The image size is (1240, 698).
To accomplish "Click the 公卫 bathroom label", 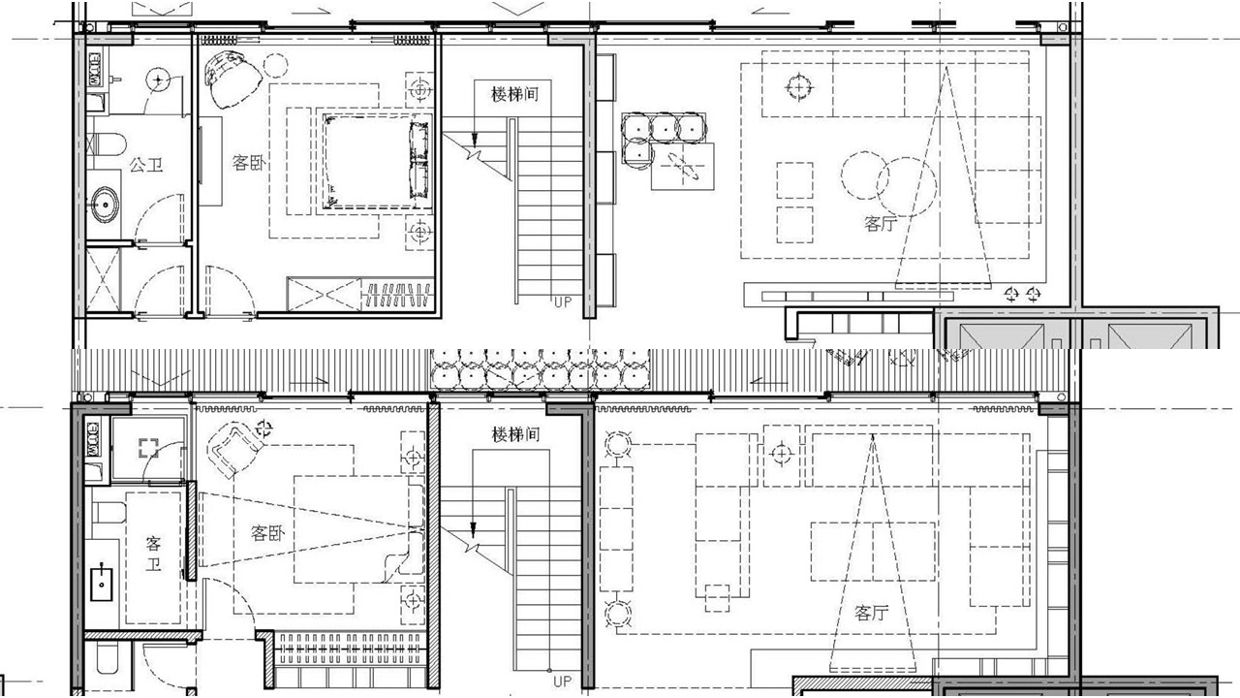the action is (146, 165).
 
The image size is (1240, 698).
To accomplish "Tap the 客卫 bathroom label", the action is (153, 554).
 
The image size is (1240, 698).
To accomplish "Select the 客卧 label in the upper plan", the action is (249, 163).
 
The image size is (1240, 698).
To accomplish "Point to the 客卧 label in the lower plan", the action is (268, 533).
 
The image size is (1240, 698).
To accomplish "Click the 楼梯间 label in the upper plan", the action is (514, 94).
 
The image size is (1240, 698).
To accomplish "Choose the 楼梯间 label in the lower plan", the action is (515, 434).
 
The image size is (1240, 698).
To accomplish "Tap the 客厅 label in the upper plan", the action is (881, 223).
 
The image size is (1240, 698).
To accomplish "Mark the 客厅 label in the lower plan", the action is (871, 613).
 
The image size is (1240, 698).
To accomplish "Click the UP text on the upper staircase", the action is (563, 302).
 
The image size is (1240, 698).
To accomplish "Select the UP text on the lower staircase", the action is (562, 682).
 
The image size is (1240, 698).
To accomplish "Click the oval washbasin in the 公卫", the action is (105, 205).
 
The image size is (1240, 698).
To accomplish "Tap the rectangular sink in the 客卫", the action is (102, 584).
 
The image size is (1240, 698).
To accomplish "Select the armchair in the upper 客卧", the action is (233, 79).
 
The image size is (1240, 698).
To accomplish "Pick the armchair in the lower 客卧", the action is (235, 447).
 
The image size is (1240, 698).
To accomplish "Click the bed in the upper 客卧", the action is (376, 161).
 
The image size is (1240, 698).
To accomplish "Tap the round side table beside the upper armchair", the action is (275, 65).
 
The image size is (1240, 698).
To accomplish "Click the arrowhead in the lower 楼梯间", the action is (473, 529).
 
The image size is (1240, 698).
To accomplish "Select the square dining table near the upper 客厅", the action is (683, 166).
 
